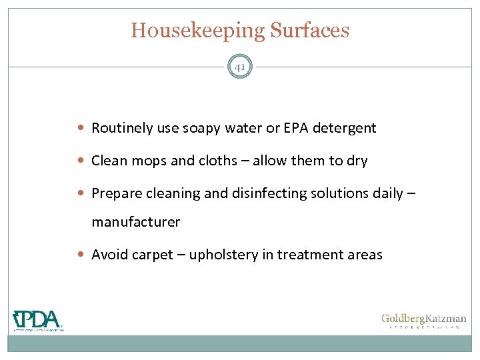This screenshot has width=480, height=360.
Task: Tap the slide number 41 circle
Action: [x=240, y=67]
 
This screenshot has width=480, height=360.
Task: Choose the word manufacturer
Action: [x=135, y=222]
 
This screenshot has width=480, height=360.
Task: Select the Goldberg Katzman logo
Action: [x=423, y=321]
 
